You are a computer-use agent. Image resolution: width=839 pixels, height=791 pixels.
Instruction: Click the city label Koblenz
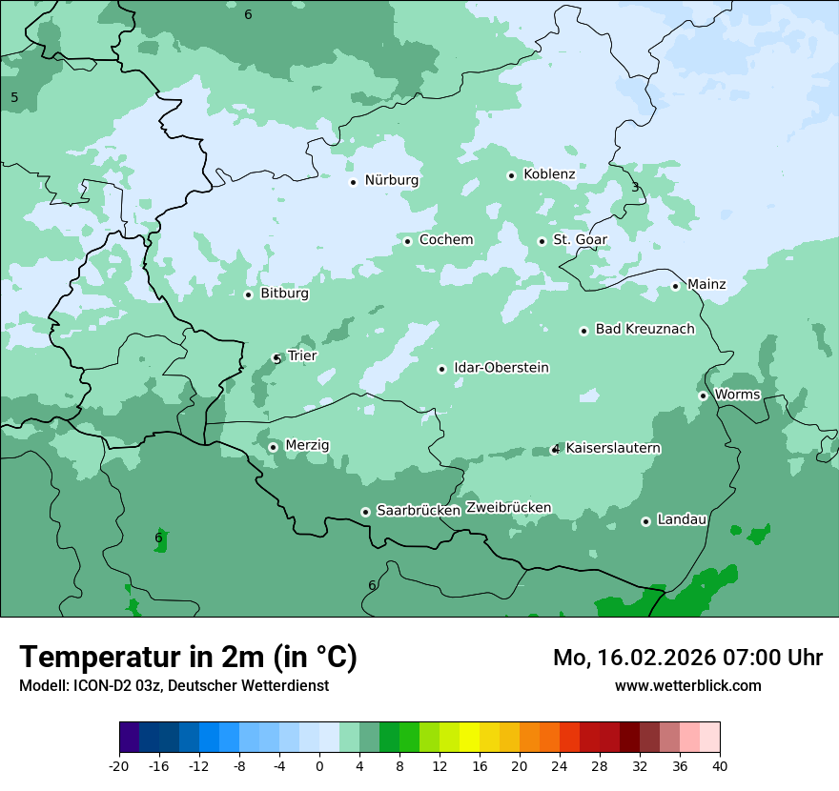[549, 174]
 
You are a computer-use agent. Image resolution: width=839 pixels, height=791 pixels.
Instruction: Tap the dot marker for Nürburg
[353, 181]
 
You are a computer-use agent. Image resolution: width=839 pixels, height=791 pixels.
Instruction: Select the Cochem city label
[446, 240]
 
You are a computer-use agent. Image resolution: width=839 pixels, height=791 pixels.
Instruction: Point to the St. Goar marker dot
[542, 241]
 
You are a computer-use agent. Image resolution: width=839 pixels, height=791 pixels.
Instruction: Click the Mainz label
[706, 284]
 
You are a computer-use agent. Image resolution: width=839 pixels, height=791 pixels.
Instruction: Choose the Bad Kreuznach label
[645, 329]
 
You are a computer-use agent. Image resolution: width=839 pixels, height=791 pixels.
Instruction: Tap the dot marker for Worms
[703, 395]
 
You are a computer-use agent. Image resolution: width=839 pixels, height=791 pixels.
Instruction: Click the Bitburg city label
[284, 294]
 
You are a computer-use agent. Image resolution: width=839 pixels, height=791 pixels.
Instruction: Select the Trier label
[302, 355]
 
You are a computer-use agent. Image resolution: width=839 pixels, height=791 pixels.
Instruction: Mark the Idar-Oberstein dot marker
[441, 369]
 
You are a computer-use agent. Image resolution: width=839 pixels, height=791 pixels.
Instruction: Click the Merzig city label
[307, 445]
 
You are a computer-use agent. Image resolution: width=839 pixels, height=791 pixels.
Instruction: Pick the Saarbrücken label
[419, 511]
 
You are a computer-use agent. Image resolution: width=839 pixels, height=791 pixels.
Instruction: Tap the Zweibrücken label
[508, 508]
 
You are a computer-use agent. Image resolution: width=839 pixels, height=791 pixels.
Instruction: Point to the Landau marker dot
[645, 521]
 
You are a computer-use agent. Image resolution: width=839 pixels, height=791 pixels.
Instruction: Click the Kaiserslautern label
[613, 448]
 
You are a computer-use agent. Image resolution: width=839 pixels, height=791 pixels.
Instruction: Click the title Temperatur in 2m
[188, 657]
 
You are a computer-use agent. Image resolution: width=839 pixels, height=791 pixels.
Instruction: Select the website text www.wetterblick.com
[687, 685]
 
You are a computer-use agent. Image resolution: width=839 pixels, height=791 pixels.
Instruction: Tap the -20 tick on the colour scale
[119, 765]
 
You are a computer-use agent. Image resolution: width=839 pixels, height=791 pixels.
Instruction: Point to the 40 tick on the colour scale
[720, 765]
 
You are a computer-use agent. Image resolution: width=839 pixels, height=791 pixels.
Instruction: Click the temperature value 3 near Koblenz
[635, 187]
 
